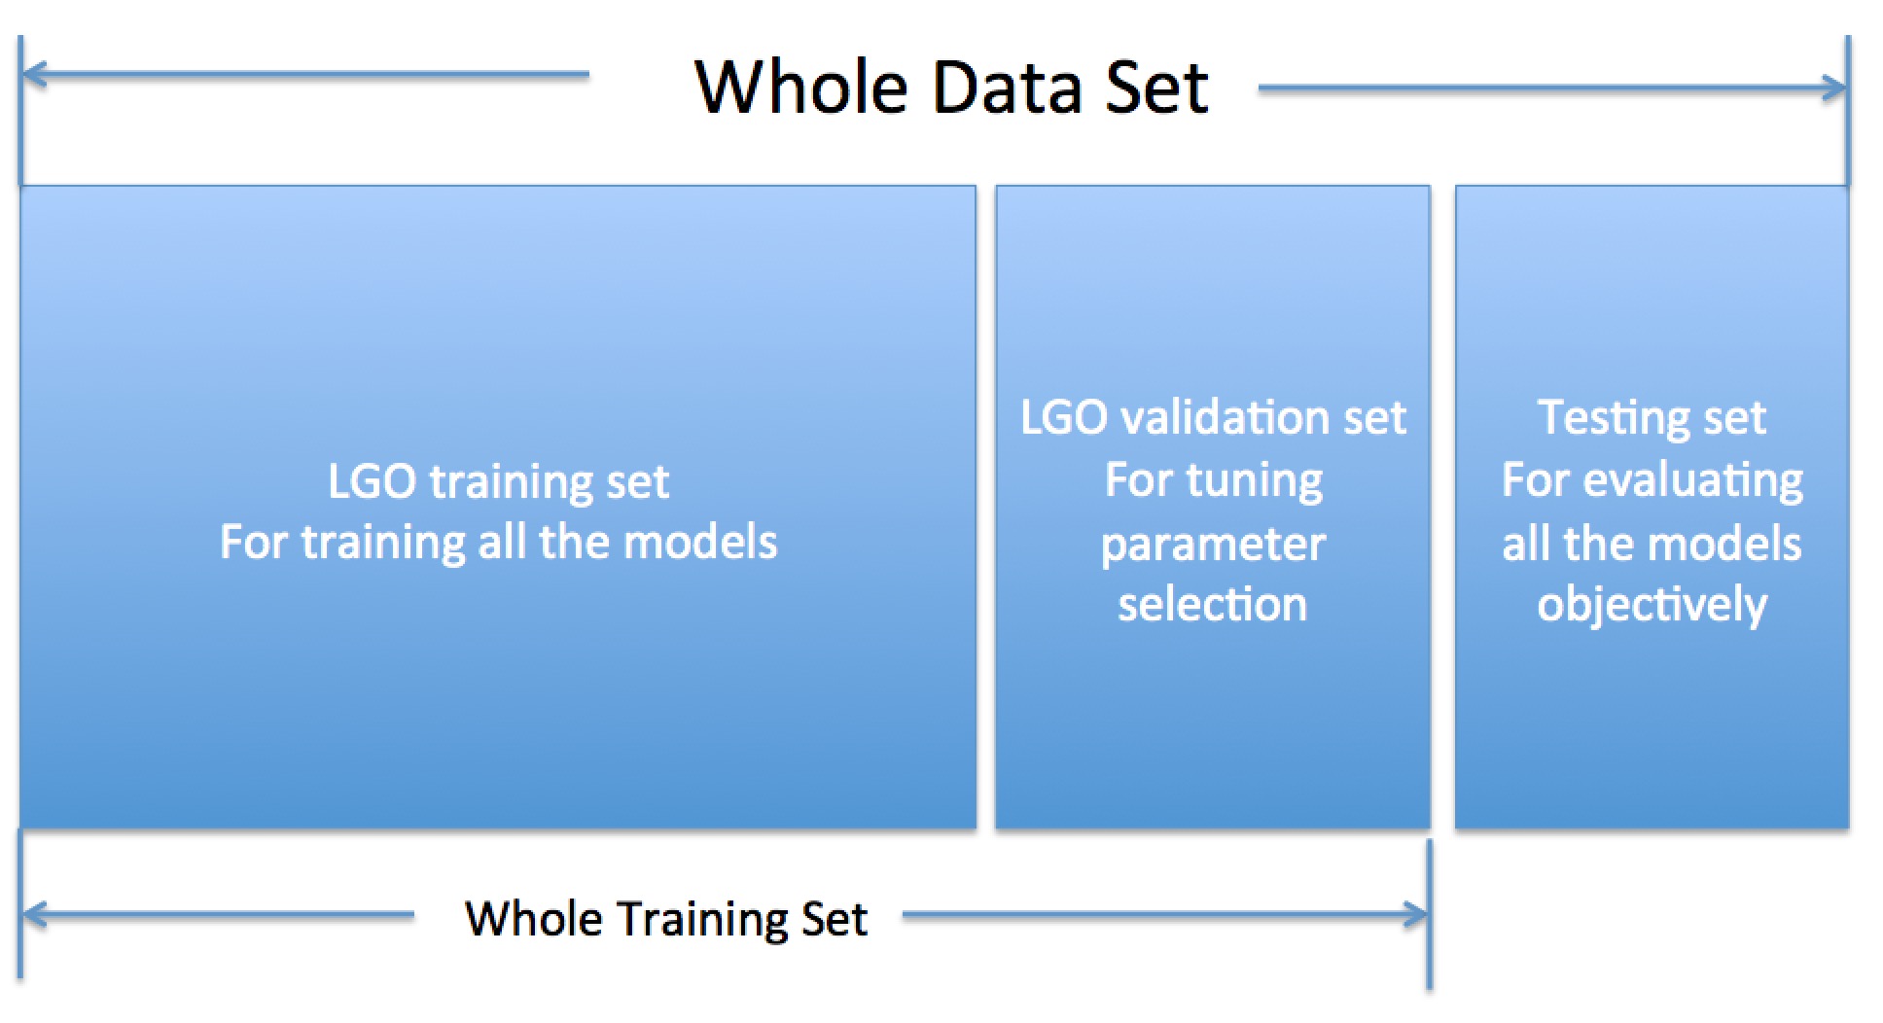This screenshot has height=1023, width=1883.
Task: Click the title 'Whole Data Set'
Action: click(951, 88)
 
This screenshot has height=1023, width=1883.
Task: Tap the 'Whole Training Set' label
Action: click(666, 919)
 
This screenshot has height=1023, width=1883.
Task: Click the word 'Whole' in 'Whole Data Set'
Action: click(801, 88)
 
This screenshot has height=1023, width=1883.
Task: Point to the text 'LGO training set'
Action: click(498, 481)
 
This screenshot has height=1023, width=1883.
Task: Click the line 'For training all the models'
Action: click(498, 543)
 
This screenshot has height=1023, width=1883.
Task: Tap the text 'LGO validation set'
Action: click(1213, 418)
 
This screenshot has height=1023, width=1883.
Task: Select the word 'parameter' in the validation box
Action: click(1213, 545)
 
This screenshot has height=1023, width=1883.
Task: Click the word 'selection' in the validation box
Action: click(1213, 605)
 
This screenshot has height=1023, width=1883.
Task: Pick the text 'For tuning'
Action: click(1214, 480)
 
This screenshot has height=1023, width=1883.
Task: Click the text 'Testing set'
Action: click(1652, 418)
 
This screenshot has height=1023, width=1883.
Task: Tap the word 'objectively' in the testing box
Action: click(1652, 605)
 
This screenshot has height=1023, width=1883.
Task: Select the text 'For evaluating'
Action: click(1652, 480)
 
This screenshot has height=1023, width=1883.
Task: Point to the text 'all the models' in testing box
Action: click(1652, 543)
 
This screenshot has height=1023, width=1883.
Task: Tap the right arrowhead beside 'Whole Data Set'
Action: click(1832, 88)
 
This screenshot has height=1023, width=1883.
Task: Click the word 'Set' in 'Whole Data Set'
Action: click(1157, 88)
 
